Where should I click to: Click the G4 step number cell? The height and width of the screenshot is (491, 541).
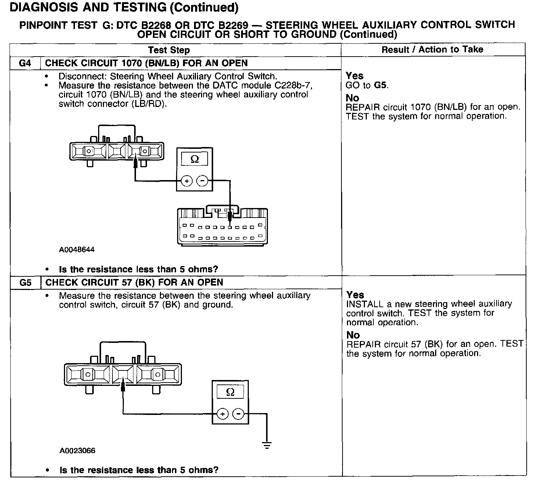25,63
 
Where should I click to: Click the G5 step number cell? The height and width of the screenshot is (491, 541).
25,283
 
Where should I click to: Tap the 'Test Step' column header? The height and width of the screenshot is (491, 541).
169,50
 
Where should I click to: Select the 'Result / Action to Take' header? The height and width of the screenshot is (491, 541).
432,50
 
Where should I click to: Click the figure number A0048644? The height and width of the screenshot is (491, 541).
77,250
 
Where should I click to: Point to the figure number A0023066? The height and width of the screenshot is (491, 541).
77,451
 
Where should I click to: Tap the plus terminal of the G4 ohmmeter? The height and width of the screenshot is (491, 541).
187,181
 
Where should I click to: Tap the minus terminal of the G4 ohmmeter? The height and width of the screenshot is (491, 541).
203,181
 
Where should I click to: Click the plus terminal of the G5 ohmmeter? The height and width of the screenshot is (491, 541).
222,414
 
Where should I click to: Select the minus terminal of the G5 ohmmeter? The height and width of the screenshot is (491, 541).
239,414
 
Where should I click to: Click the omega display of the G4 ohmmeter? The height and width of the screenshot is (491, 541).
195,159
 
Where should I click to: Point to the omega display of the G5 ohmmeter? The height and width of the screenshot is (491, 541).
230,392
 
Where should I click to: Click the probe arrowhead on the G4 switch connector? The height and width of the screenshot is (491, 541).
136,162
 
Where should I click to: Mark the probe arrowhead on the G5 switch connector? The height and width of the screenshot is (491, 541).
123,386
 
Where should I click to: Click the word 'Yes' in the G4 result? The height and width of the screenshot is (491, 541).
354,76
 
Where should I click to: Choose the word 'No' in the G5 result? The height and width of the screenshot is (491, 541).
353,335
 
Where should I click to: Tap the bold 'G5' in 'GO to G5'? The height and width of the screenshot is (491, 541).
380,85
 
